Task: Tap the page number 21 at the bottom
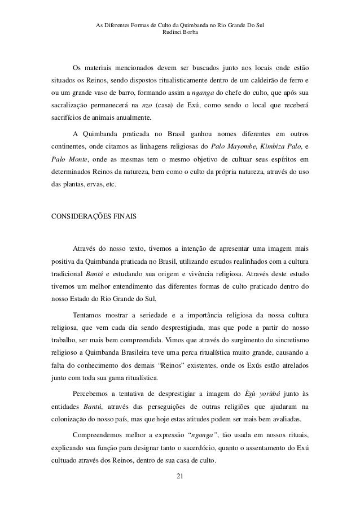(x=180, y=478)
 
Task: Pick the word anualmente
(x=130, y=118)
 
